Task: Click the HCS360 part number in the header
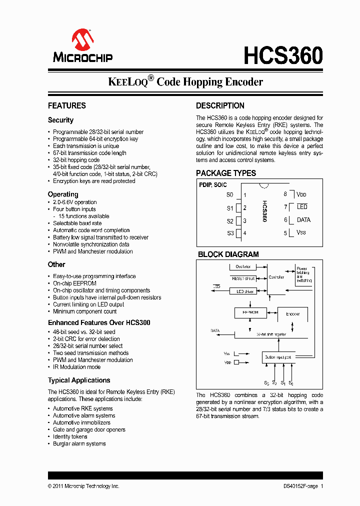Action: click(x=283, y=56)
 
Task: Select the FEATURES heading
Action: click(x=67, y=105)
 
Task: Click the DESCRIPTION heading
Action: click(x=220, y=105)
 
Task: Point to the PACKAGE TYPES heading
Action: click(x=226, y=173)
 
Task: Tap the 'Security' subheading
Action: click(x=60, y=120)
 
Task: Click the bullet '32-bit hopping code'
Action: click(x=76, y=160)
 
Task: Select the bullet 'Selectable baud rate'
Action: click(x=77, y=223)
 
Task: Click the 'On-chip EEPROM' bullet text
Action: click(x=75, y=283)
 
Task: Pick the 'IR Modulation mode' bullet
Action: click(x=77, y=366)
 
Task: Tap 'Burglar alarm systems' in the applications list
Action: click(x=79, y=443)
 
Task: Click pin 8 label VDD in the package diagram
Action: click(x=301, y=194)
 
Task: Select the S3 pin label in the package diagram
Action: click(x=230, y=233)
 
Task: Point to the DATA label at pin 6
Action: click(x=303, y=220)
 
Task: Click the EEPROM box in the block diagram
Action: click(x=250, y=313)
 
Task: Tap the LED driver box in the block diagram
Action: click(x=243, y=291)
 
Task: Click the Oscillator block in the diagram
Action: click(x=243, y=267)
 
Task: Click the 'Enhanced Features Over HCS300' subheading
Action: click(x=99, y=322)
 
